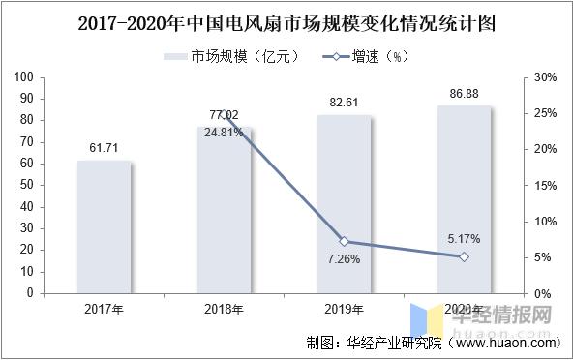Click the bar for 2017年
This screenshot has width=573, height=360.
click(x=105, y=226)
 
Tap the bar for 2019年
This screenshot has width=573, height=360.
click(x=344, y=204)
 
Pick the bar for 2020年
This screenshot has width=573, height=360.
click(x=464, y=199)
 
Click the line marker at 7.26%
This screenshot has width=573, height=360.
click(x=344, y=241)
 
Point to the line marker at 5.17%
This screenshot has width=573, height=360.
click(x=464, y=256)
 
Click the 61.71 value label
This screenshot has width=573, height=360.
click(x=105, y=145)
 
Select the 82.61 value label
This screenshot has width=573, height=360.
click(x=344, y=101)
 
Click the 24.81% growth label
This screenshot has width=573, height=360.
click(x=225, y=133)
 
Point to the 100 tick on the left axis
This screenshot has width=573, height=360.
click(x=25, y=77)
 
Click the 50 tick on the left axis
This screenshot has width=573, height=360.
click(x=28, y=185)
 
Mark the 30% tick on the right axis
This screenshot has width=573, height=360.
click(x=545, y=77)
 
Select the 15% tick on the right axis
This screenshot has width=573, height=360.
click(x=545, y=185)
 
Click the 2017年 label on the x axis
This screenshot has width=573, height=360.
click(x=105, y=310)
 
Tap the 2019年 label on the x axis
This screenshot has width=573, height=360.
click(x=344, y=310)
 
